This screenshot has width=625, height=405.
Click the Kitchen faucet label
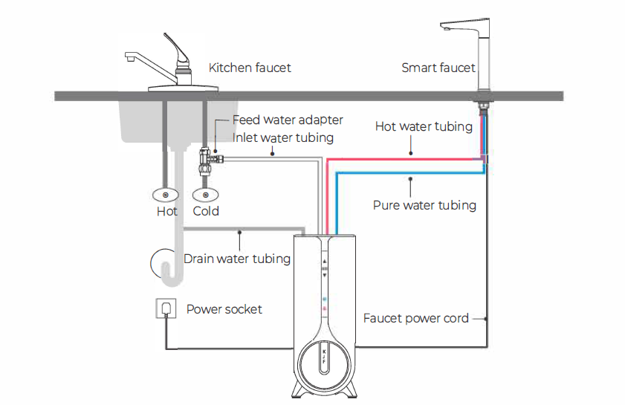[250, 68]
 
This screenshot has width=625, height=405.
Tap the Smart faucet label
[438, 68]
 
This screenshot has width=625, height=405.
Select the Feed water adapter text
[288, 120]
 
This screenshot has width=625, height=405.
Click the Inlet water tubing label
[283, 137]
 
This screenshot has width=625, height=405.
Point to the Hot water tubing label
[424, 126]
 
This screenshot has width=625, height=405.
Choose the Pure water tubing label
[424, 205]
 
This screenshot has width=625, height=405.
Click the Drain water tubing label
[237, 259]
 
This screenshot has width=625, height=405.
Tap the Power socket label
[224, 309]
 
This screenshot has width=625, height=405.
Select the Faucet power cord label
[416, 318]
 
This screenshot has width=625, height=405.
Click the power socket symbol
[166, 308]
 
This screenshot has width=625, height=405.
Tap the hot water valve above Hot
[165, 195]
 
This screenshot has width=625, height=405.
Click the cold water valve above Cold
[205, 195]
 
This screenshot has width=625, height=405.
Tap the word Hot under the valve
[167, 211]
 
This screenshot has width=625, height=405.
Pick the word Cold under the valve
[206, 211]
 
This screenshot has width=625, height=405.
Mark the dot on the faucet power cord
[485, 319]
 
